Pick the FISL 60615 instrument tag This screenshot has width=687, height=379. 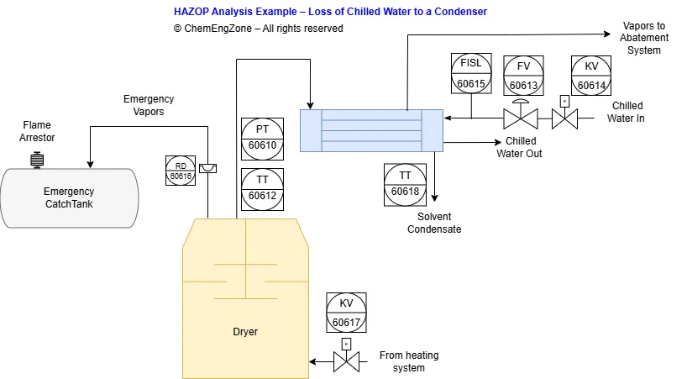point(471,72)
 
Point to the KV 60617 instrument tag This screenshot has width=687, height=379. point(347,313)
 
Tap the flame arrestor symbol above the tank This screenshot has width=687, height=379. point(37,159)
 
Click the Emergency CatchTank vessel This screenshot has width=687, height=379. point(69,197)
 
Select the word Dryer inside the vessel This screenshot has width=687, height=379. point(245,332)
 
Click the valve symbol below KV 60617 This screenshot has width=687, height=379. point(346,361)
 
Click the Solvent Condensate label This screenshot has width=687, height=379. point(434,223)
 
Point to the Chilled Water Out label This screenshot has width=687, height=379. point(520,147)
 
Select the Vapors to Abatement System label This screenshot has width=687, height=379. point(644,39)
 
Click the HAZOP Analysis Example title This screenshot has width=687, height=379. point(330,12)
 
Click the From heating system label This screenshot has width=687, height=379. point(408,361)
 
